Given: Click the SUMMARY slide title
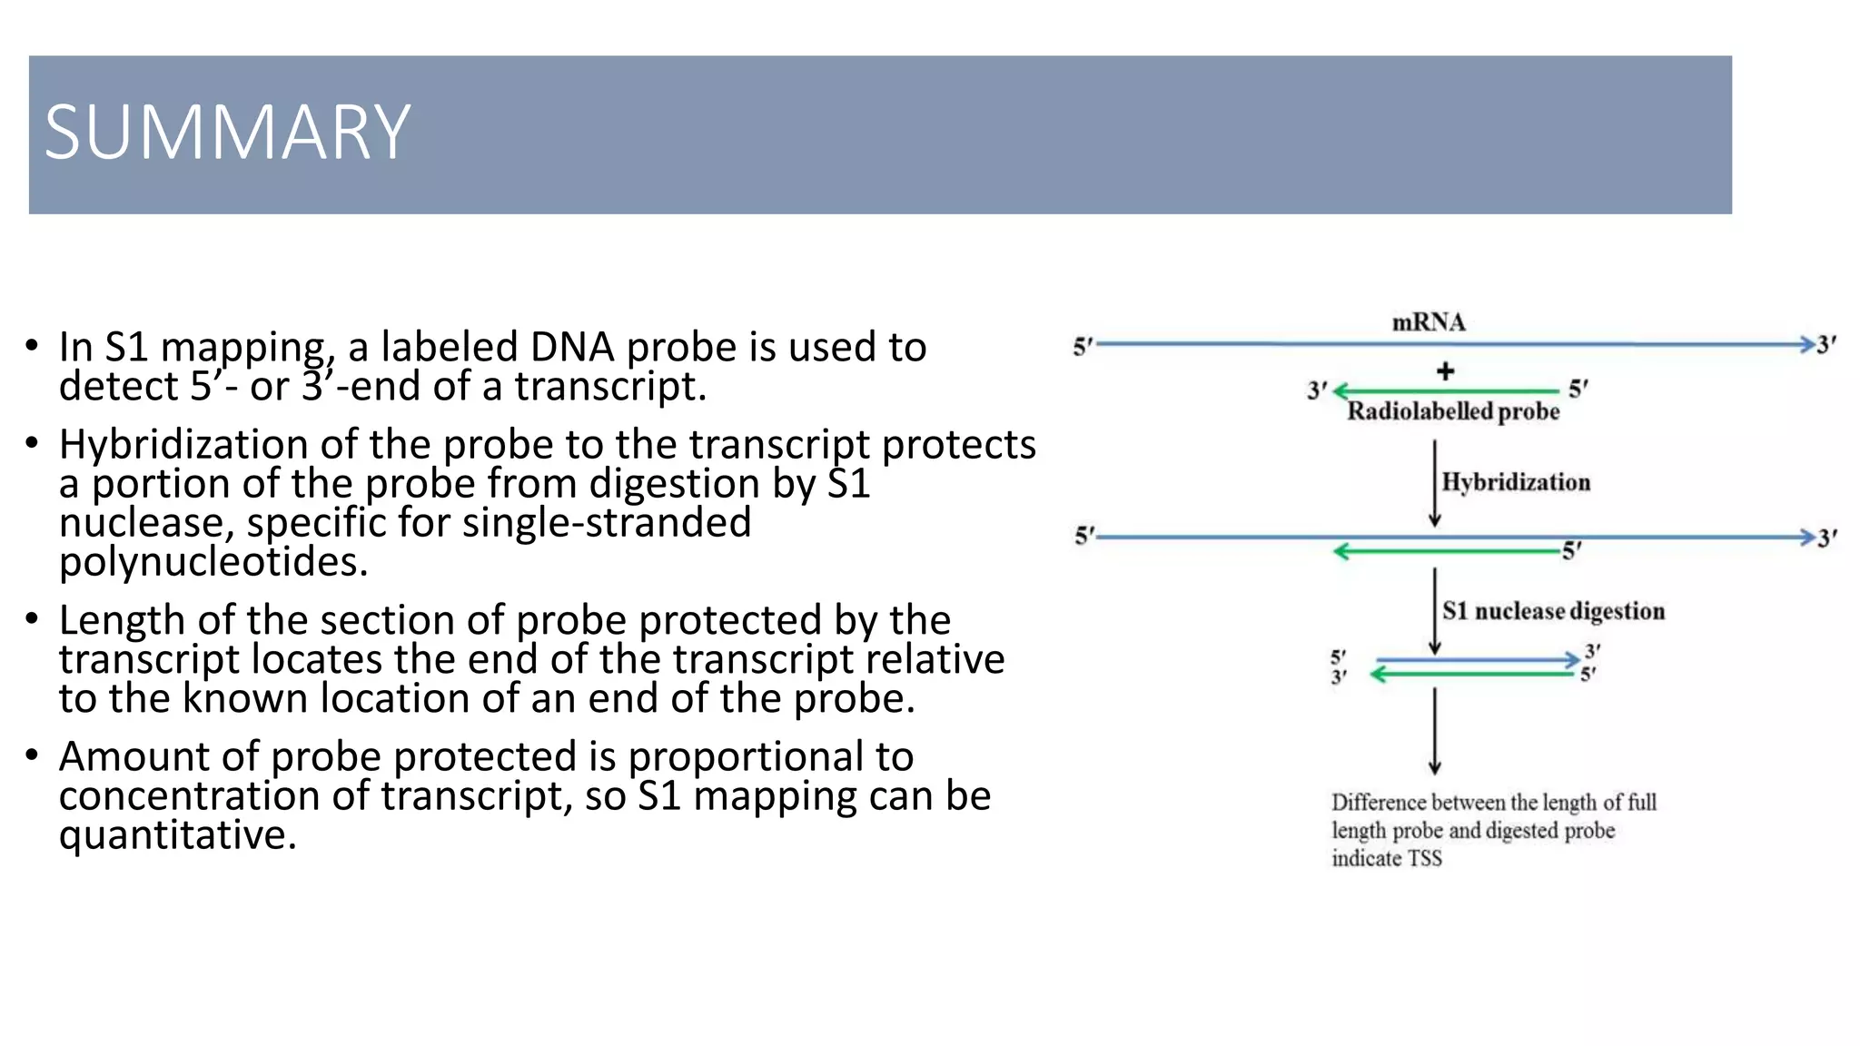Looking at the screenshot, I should point(227,133).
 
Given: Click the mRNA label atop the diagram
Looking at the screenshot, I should point(1429,322).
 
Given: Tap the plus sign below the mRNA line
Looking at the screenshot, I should point(1445,370).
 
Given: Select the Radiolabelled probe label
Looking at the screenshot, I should point(1452,411).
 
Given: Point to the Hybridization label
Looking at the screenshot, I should point(1516,482).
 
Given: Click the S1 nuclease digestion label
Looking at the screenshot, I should point(1553,611).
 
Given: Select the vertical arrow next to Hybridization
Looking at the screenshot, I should point(1434,483).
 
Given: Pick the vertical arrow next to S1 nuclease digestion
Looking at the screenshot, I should point(1434,610).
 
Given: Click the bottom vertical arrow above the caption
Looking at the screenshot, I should point(1434,730).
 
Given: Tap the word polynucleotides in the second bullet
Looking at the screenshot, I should point(213,561).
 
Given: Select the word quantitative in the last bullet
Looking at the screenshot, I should point(177,834).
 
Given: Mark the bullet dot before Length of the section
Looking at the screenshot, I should point(32,620).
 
